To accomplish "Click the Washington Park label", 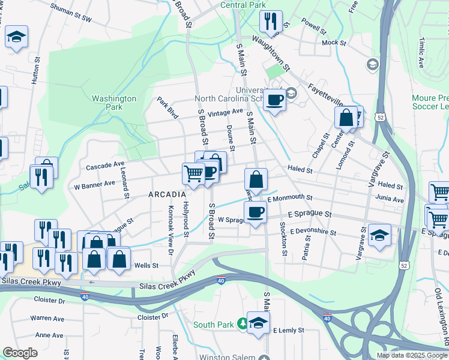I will pyautogui.click(x=114, y=103).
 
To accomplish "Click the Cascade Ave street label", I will pyautogui.click(x=105, y=164).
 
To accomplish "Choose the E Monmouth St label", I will pyautogui.click(x=291, y=197).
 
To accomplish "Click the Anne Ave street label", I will pyautogui.click(x=49, y=335).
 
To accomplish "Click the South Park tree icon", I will pyautogui.click(x=242, y=324).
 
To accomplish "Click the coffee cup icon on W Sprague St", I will pyautogui.click(x=256, y=212).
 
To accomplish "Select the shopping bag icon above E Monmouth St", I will pyautogui.click(x=256, y=179).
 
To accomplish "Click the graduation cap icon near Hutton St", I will pyautogui.click(x=16, y=37).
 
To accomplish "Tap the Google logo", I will pyautogui.click(x=20, y=353).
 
